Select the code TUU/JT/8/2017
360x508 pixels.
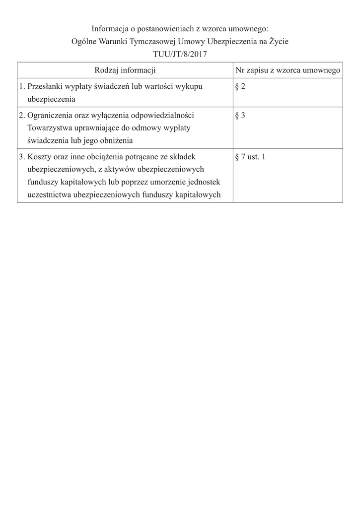click(180, 54)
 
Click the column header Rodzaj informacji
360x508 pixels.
click(125, 70)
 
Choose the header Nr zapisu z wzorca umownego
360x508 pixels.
click(288, 70)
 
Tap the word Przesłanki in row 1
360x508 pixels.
click(45, 86)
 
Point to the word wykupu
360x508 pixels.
click(189, 86)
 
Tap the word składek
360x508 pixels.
click(183, 157)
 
